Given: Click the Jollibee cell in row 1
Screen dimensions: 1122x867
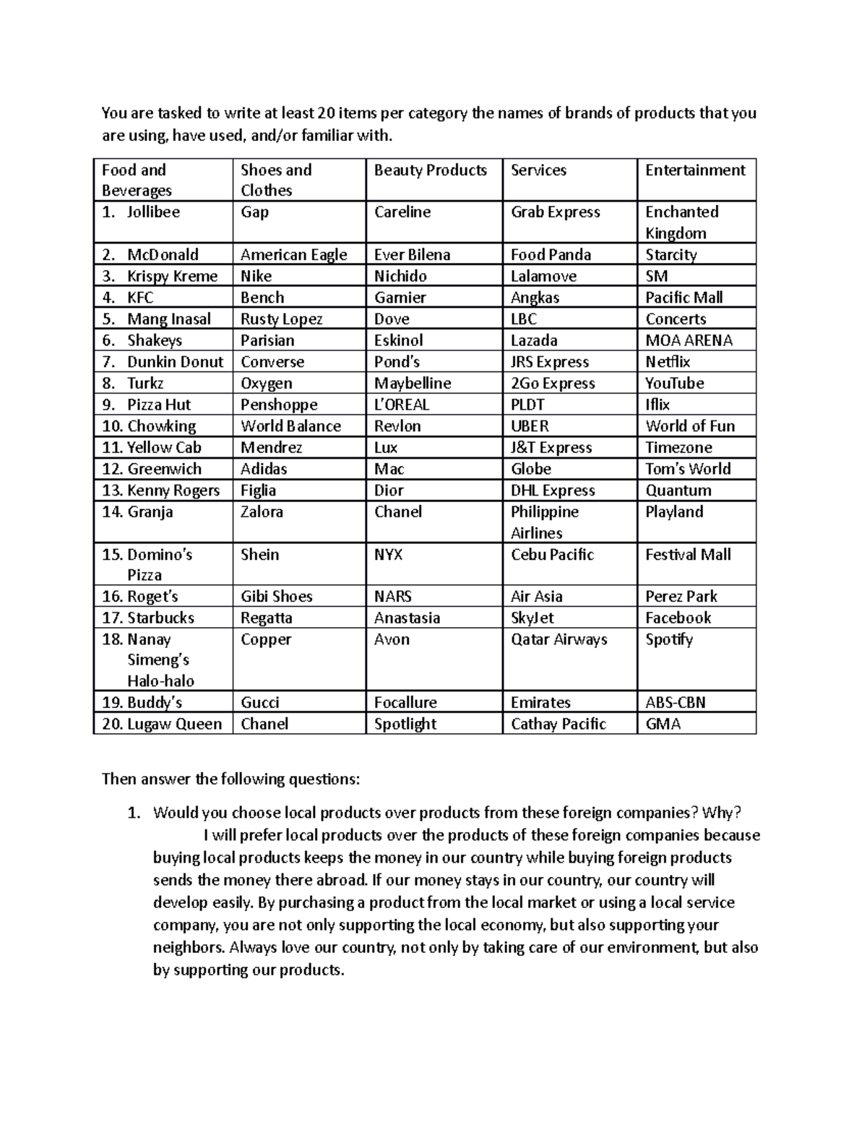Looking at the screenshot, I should pyautogui.click(x=153, y=212).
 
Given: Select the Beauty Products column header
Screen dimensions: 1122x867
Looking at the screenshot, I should pyautogui.click(x=430, y=171).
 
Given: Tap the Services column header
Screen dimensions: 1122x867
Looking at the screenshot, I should pyautogui.click(x=538, y=171).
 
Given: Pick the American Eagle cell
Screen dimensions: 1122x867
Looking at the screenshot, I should pyautogui.click(x=293, y=254).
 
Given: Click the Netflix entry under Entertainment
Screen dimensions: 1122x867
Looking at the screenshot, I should pyautogui.click(x=668, y=361).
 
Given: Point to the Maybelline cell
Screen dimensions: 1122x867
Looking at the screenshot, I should pyautogui.click(x=412, y=383).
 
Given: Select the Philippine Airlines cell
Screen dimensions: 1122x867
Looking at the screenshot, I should pyautogui.click(x=544, y=522).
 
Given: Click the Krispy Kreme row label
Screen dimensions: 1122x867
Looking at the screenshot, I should pyautogui.click(x=172, y=276).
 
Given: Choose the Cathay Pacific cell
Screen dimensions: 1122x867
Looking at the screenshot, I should pyautogui.click(x=558, y=724).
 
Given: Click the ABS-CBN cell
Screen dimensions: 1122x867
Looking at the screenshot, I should pyautogui.click(x=675, y=702).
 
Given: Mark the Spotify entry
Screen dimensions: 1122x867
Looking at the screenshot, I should pyautogui.click(x=668, y=639).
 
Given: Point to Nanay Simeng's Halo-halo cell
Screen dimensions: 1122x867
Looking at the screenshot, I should pyautogui.click(x=159, y=660).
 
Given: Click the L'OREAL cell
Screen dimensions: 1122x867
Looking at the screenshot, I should pyautogui.click(x=401, y=405).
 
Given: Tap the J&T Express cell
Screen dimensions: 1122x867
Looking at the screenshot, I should pyautogui.click(x=551, y=447).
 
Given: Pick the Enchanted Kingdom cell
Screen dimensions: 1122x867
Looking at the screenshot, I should pyautogui.click(x=681, y=222).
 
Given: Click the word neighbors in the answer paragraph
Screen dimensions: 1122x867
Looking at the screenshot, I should pyautogui.click(x=188, y=947).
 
